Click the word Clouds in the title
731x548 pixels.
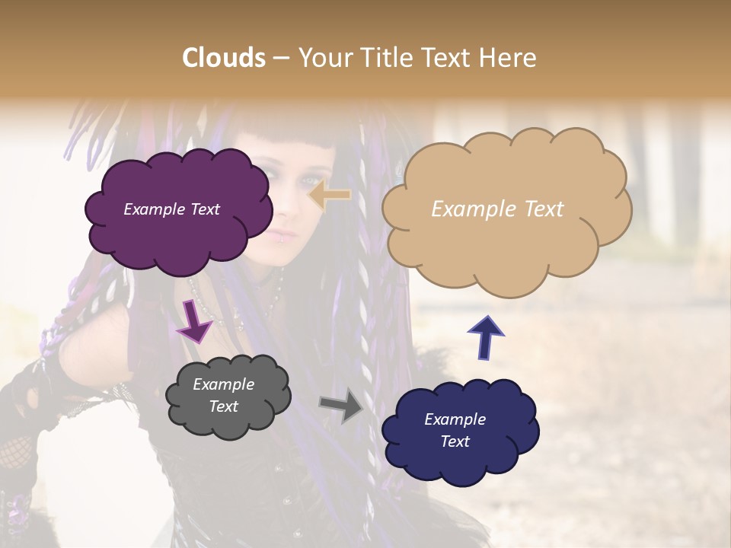tap(224, 58)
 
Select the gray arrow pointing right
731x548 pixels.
tap(341, 406)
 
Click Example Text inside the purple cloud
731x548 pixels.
tap(171, 209)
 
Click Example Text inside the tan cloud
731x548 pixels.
tap(497, 209)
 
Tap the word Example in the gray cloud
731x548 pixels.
tap(223, 384)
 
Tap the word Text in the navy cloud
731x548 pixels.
tap(455, 441)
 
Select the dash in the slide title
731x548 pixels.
tap(280, 59)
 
